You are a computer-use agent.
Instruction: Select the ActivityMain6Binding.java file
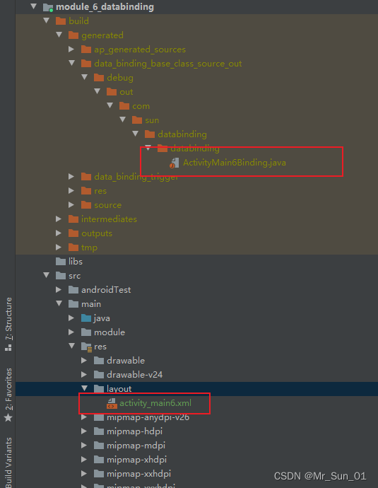pyautogui.click(x=233, y=163)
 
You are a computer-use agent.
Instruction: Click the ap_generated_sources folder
pyautogui.click(x=139, y=50)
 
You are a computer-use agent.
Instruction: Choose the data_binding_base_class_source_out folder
pyautogui.click(x=167, y=64)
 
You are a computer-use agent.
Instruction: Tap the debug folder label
pyautogui.click(x=119, y=78)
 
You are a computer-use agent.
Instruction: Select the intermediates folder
pyautogui.click(x=108, y=219)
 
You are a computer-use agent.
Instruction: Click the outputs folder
pyautogui.click(x=96, y=233)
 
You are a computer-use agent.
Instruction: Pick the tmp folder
pyautogui.click(x=89, y=248)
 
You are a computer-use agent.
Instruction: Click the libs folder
pyautogui.click(x=75, y=262)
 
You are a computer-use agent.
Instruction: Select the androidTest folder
pyautogui.click(x=105, y=290)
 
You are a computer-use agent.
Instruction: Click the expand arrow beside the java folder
pyautogui.click(x=72, y=318)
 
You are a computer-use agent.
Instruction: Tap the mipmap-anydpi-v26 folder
pyautogui.click(x=148, y=417)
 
